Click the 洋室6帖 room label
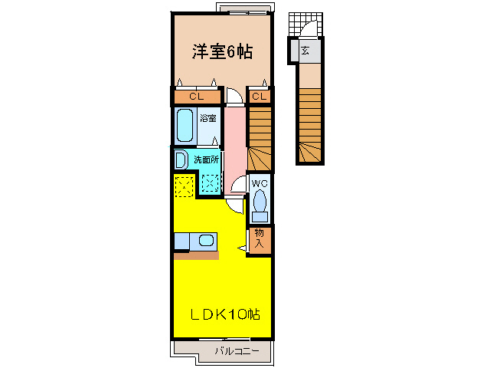click(x=222, y=52)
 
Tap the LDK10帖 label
click(x=224, y=314)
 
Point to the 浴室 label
click(x=208, y=118)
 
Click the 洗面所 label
click(x=206, y=159)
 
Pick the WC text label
click(x=260, y=183)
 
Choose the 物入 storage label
click(x=260, y=239)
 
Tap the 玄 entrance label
click(x=305, y=51)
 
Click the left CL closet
click(x=196, y=97)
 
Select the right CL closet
click(x=260, y=97)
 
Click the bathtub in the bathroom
click(x=185, y=125)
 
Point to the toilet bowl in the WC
click(x=260, y=203)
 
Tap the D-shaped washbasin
click(x=181, y=159)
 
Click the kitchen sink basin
click(x=206, y=241)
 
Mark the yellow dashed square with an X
click(x=185, y=185)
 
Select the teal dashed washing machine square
click(x=211, y=183)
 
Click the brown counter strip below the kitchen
click(x=196, y=255)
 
